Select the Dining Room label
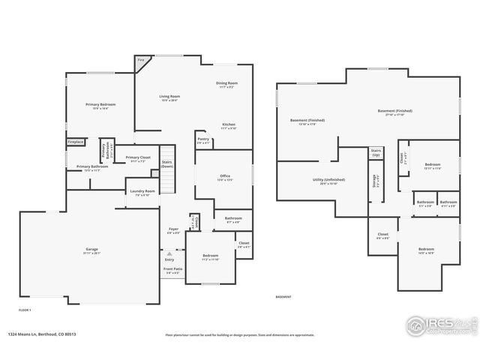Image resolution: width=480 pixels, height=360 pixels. point(227,84)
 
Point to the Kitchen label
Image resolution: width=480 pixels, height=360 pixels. point(228,126)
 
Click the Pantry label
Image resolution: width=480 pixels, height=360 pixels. point(203,139)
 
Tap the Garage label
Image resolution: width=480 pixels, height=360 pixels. point(91,250)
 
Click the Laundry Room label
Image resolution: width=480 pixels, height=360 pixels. point(142,192)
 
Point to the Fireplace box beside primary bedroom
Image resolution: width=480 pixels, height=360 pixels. point(76,141)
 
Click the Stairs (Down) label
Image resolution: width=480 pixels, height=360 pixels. point(167,163)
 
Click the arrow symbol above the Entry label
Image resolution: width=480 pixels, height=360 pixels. point(169,253)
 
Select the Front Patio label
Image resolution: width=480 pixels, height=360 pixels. point(173,270)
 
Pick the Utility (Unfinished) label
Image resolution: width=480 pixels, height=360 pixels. point(328,181)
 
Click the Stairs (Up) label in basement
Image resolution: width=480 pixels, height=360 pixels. point(376,152)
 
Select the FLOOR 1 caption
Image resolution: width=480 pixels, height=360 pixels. point(25,309)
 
